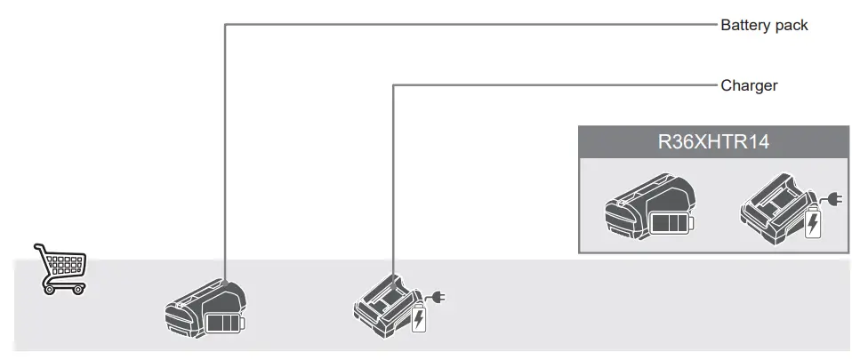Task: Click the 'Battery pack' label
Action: tap(764, 25)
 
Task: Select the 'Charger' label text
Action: tap(749, 85)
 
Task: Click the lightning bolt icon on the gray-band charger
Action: tap(418, 318)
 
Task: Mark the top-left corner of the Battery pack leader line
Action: tap(225, 25)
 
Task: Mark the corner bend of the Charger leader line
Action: tap(393, 85)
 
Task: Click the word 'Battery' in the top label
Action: tap(745, 25)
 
